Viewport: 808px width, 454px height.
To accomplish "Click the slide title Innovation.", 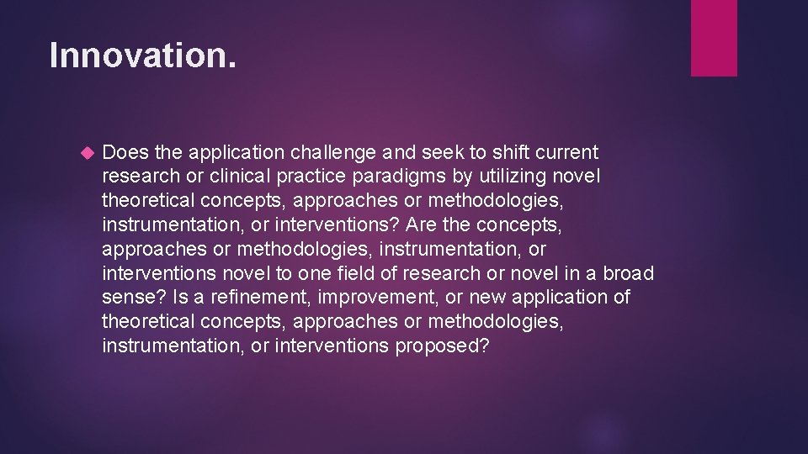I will (143, 56).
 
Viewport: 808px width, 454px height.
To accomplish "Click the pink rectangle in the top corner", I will (714, 38).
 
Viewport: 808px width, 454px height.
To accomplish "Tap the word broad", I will (628, 274).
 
